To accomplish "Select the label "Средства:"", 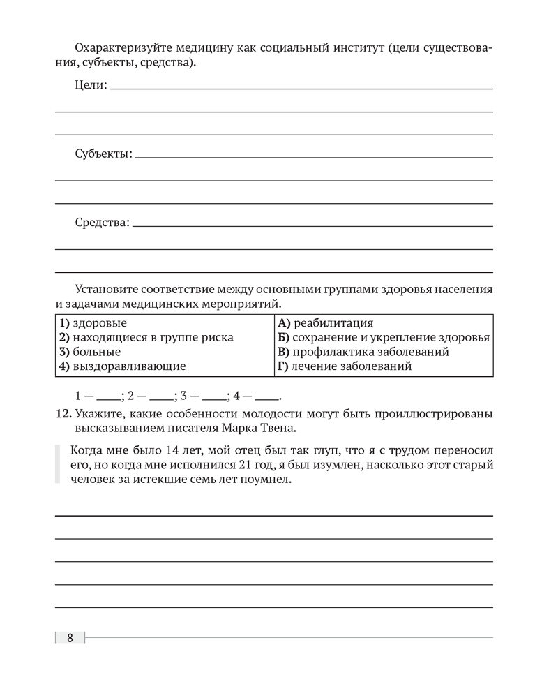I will [x=102, y=223].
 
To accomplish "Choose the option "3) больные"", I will [x=89, y=352].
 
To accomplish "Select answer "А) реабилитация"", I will [x=325, y=323].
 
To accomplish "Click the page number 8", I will [x=70, y=638].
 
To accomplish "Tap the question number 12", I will [x=63, y=413].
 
